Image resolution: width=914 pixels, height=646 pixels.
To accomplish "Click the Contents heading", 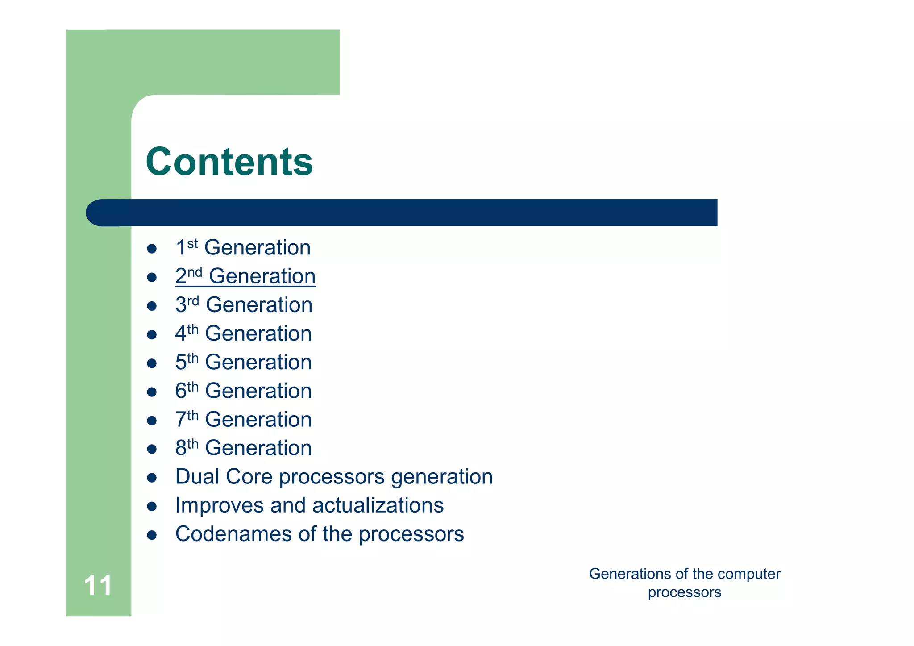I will click(229, 162).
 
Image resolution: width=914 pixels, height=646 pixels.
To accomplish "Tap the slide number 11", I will click(98, 585).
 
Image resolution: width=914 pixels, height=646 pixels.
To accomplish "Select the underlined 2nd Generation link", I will click(245, 276).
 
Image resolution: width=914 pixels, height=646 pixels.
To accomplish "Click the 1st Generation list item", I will click(243, 248).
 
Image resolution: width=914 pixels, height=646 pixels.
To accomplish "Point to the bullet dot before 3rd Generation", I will click(152, 306).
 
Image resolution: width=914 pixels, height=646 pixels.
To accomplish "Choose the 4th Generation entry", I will click(243, 334).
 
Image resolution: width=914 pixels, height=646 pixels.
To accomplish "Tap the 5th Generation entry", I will click(243, 363).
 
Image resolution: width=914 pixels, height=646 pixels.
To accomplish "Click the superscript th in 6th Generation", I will click(193, 386).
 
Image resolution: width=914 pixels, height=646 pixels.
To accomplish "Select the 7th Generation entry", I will click(243, 420).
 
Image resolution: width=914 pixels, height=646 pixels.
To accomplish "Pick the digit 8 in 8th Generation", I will click(180, 448).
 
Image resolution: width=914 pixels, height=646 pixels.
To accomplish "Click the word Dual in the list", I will click(197, 477).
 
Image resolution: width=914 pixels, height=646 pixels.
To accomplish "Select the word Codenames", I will click(233, 534).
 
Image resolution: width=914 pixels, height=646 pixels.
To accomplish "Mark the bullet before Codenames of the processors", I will click(152, 535).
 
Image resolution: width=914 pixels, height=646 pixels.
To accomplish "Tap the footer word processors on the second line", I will click(684, 592).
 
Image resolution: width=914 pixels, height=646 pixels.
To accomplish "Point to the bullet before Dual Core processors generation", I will click(152, 478).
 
